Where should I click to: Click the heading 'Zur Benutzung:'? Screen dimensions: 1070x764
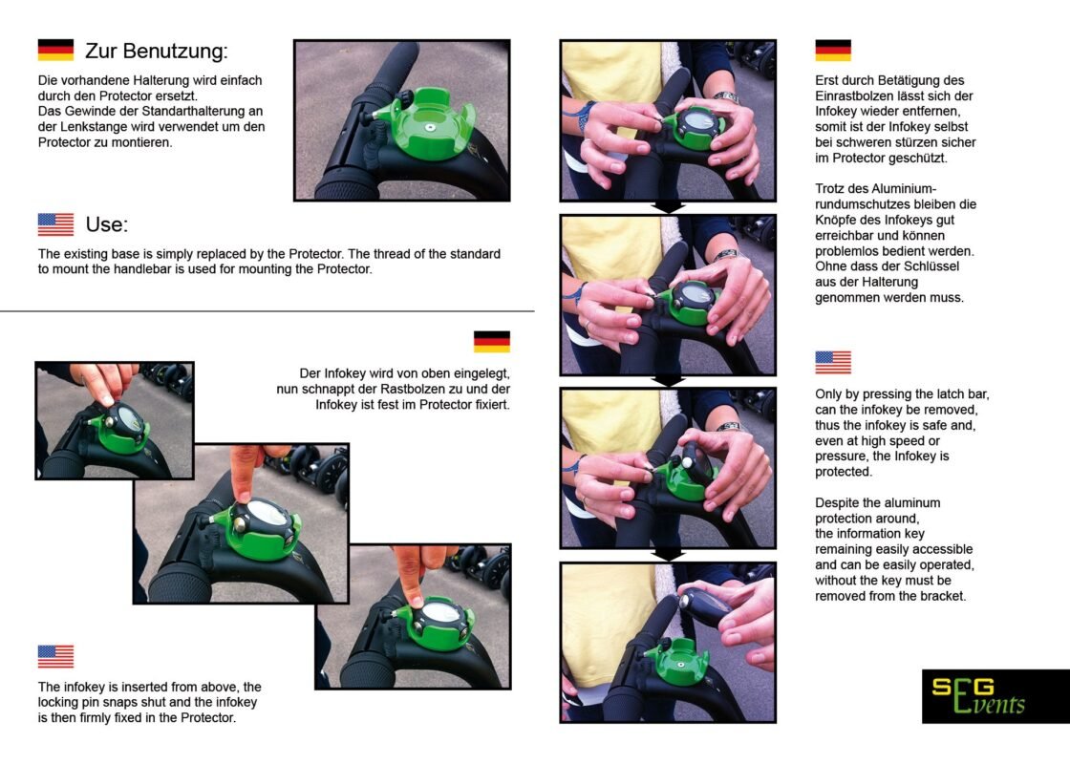(157, 52)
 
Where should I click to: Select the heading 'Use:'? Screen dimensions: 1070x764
(106, 224)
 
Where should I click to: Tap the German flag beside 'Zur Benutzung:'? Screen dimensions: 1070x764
(55, 50)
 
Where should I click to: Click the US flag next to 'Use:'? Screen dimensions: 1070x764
(55, 224)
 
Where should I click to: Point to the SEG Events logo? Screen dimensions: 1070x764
(995, 696)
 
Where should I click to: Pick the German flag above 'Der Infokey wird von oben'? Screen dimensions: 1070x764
(492, 341)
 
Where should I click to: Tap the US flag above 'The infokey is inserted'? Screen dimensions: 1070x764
(55, 656)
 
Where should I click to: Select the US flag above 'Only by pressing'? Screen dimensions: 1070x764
(833, 362)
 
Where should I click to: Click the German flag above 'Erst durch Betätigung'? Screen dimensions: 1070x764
(833, 51)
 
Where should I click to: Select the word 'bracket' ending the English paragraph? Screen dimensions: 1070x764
(945, 596)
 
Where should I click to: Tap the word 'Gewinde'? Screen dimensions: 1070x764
(90, 111)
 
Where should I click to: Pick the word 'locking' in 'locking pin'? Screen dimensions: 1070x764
(58, 703)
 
